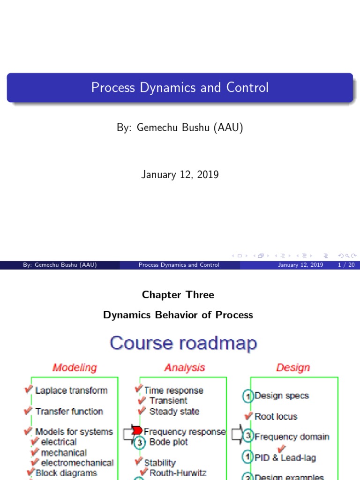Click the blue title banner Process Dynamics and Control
[180, 88]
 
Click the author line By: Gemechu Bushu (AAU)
[180, 127]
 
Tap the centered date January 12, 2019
[180, 174]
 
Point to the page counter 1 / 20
[346, 265]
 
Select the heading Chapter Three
[178, 294]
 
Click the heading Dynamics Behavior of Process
[178, 315]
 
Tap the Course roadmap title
[183, 343]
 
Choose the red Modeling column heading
[75, 367]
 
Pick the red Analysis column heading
[185, 367]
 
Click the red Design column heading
[293, 367]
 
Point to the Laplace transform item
[71, 390]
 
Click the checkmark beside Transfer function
[28, 411]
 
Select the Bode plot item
[169, 442]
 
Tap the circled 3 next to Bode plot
[140, 442]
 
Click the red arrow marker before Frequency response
[137, 430]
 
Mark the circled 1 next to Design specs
[248, 396]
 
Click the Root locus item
[276, 417]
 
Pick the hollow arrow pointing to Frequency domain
[237, 434]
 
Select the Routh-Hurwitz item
[178, 473]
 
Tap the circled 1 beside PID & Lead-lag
[247, 457]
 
